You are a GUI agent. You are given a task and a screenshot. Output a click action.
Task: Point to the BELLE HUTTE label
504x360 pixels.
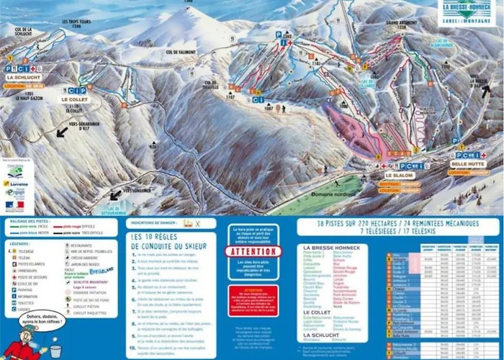(x=467, y=164)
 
